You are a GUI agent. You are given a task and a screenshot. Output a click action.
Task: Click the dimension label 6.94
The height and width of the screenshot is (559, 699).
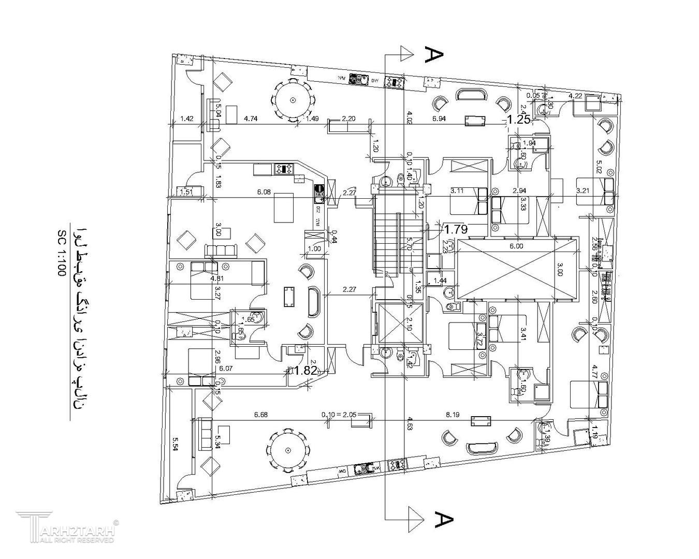pos(439,119)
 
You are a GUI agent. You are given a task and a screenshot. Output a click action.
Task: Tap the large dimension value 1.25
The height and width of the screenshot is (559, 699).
pos(518,120)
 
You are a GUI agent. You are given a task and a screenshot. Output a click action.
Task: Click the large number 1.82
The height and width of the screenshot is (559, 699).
pos(305,370)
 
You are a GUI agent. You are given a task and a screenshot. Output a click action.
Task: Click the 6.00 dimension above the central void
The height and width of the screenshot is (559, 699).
pos(516,246)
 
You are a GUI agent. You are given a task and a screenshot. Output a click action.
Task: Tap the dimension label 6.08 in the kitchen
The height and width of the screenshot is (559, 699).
pos(264,192)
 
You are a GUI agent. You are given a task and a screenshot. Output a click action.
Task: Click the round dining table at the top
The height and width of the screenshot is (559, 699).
pos(293,100)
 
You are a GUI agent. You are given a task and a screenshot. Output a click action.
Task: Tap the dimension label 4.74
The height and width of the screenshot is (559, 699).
pos(251,119)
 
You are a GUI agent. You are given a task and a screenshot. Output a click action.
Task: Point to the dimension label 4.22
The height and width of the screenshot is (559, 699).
pos(575,96)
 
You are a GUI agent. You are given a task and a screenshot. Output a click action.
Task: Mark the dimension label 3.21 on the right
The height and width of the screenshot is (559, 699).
pos(583,191)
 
